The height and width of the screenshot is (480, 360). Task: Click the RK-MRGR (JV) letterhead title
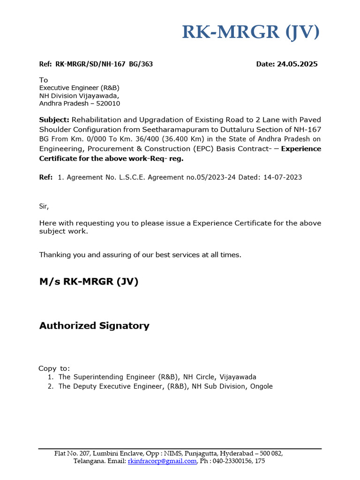point(251,32)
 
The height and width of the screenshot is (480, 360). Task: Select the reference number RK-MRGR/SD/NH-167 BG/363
point(104,64)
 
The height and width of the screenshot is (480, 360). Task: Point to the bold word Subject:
point(54,120)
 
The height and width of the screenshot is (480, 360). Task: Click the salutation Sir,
point(44,206)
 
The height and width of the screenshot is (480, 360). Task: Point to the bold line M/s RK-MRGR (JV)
point(89,282)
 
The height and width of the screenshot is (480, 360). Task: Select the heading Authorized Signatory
point(94,325)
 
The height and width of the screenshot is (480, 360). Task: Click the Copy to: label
point(54,368)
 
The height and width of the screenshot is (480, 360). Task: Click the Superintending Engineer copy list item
point(157,377)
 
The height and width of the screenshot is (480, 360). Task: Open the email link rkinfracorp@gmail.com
point(162,461)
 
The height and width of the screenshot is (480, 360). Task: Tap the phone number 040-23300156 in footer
point(232,461)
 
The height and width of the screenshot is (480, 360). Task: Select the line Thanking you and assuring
point(140,255)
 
